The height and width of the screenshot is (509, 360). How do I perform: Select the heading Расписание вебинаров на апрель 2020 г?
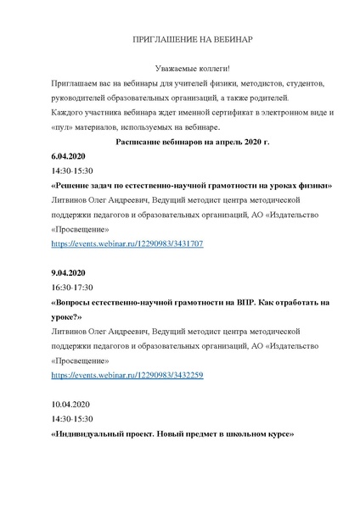click(180, 142)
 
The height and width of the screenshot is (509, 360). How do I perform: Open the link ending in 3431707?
click(127, 243)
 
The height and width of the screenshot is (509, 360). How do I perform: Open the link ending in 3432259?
click(127, 375)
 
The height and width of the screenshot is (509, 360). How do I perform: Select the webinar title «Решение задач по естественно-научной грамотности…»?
click(191, 186)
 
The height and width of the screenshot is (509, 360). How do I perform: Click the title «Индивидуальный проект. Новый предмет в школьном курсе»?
click(172, 434)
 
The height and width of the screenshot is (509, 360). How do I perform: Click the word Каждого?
click(70, 113)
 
